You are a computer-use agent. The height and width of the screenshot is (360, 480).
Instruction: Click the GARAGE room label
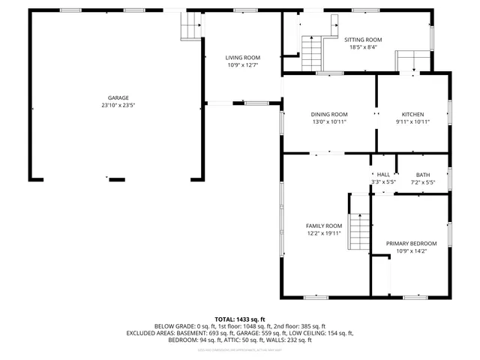point(118,97)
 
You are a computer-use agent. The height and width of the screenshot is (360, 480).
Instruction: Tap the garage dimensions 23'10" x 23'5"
point(118,105)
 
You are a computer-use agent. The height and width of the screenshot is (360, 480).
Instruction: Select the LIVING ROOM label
point(243,58)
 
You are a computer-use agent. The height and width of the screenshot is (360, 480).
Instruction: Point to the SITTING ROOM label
point(363,40)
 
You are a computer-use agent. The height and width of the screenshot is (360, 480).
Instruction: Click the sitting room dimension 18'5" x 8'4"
point(363,47)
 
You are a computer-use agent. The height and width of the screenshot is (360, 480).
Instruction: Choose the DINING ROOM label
point(329,114)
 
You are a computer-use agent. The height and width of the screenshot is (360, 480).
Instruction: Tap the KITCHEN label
point(412,114)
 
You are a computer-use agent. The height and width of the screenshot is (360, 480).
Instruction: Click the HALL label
point(383,175)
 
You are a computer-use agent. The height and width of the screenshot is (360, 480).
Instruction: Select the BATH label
point(423,175)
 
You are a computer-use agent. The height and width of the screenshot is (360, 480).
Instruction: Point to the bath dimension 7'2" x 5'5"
point(423,181)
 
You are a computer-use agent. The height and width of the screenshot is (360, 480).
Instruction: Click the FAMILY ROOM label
point(323,226)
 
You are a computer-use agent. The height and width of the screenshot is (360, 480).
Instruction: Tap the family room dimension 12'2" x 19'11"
point(323,233)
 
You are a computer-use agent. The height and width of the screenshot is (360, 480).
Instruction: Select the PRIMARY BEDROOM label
point(411,244)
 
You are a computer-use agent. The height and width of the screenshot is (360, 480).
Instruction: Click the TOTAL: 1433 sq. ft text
point(240,319)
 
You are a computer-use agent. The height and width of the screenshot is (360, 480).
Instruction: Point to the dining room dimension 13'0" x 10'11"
point(329,121)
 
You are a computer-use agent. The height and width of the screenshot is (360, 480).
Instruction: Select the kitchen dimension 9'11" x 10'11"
point(412,121)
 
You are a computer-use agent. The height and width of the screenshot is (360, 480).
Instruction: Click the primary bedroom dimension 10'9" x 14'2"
point(411,251)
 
